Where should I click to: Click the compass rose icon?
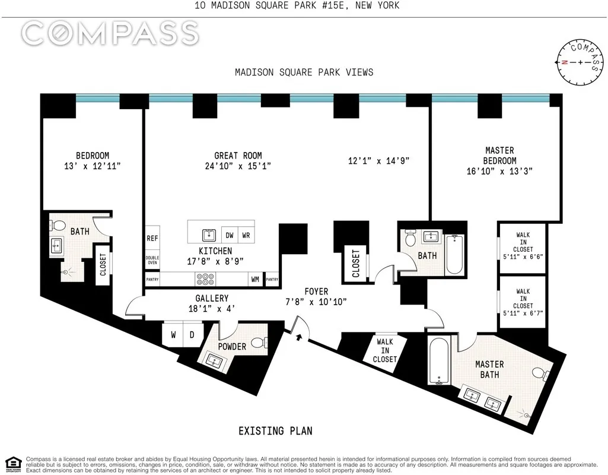(580, 62)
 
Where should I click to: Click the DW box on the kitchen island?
(230, 234)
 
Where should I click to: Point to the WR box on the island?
(246, 234)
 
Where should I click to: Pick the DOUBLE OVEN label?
(152, 261)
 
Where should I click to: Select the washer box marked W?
(173, 334)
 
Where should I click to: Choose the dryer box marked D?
(192, 334)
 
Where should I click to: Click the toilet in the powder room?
(257, 343)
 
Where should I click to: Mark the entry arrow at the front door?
(298, 337)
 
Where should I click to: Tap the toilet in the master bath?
(538, 373)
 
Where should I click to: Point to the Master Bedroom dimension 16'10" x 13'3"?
(499, 171)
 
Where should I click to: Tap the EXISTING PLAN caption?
(275, 430)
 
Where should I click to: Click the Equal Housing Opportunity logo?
(12, 463)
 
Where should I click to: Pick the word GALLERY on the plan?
(212, 298)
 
